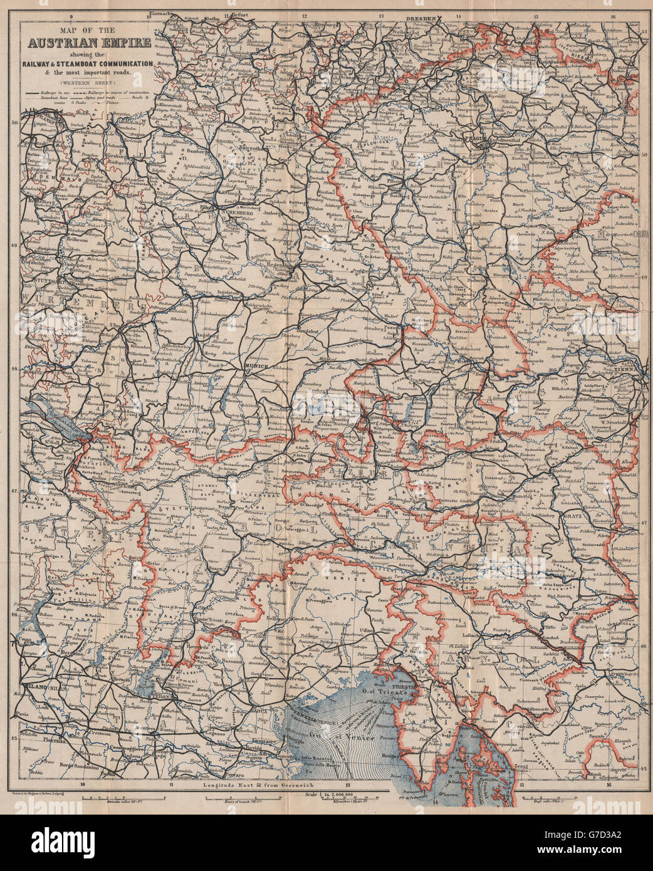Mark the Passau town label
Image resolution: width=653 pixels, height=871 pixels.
[407, 327]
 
